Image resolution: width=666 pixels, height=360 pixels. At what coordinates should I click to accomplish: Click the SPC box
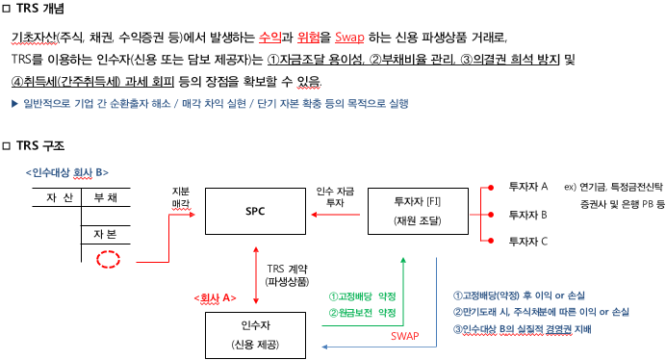[x=255, y=210]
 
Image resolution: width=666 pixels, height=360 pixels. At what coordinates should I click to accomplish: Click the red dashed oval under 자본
[x=109, y=259]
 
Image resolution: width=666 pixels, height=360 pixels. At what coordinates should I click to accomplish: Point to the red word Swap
[x=350, y=38]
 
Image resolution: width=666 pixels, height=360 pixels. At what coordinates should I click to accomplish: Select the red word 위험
[x=309, y=38]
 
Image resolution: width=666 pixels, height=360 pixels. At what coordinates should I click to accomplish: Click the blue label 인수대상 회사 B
[x=64, y=172]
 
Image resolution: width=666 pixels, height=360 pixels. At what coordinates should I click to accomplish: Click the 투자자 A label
[x=528, y=185]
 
